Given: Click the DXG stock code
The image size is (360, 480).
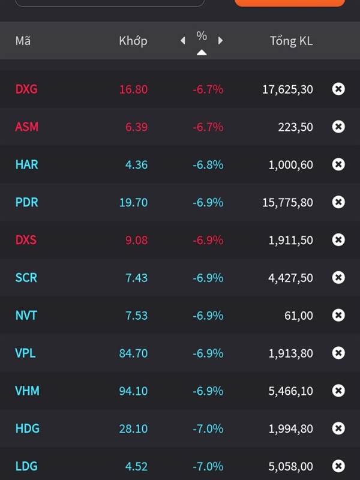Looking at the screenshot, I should coord(26,89).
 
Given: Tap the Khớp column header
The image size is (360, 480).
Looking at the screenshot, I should coord(133,41).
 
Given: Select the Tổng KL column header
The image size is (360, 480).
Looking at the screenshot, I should coord(291,41).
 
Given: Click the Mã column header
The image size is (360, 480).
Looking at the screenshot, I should coord(23,41).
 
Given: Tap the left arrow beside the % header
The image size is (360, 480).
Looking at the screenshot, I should coord(183,41).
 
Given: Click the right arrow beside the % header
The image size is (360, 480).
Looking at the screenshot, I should coord(220,41).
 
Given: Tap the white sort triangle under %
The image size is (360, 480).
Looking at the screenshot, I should coord(202,53).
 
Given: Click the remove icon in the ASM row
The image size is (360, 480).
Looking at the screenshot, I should coord(338,127).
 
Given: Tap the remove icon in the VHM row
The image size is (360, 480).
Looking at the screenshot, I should coord(338,391).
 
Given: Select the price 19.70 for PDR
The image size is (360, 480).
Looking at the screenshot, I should coord(133,202).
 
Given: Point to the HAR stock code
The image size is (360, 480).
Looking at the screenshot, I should coord(27,164).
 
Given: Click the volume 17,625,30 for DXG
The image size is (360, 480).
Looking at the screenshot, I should coord(287,89).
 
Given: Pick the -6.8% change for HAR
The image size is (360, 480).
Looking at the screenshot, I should coord(208,164).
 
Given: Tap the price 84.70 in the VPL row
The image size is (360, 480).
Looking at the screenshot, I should coord(133,353).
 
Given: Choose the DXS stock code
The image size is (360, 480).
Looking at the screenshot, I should coord(26,240).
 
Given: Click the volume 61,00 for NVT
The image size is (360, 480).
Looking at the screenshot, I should coord(298,316).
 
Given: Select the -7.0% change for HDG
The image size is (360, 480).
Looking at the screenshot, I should coord(208,428).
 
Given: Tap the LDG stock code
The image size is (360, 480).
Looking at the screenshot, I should coord(26,466).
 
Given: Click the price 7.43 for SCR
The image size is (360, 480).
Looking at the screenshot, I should coord(136,278).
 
